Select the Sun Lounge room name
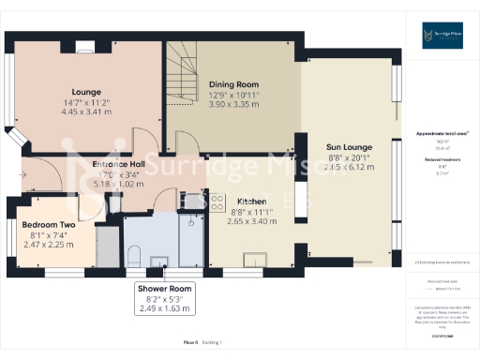tap(349, 147)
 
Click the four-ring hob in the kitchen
tap(217, 200)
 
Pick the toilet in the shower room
tap(133, 254)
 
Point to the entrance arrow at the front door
tap(22, 174)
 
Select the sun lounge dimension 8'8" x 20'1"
tap(349, 158)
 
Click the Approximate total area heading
tap(442, 134)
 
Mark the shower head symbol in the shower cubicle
tap(190, 223)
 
